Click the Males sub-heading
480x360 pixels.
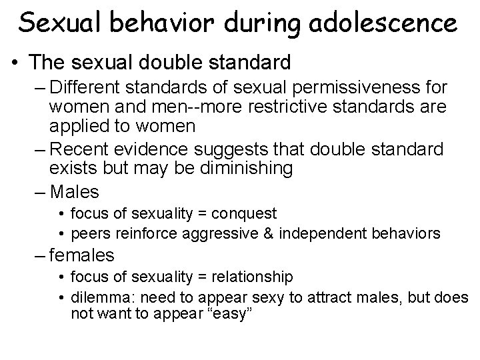point(75,193)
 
